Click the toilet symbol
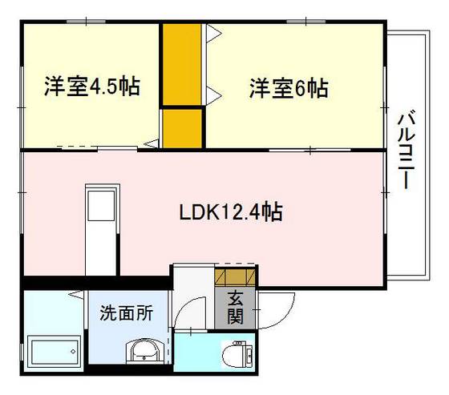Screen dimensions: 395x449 tap(237, 353)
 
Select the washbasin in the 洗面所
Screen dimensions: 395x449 tap(144, 351)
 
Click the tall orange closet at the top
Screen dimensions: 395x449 tap(182, 64)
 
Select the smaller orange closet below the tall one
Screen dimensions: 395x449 tap(182, 128)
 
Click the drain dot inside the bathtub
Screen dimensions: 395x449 tap(72, 350)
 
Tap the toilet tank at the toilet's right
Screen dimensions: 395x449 tap(249, 353)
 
